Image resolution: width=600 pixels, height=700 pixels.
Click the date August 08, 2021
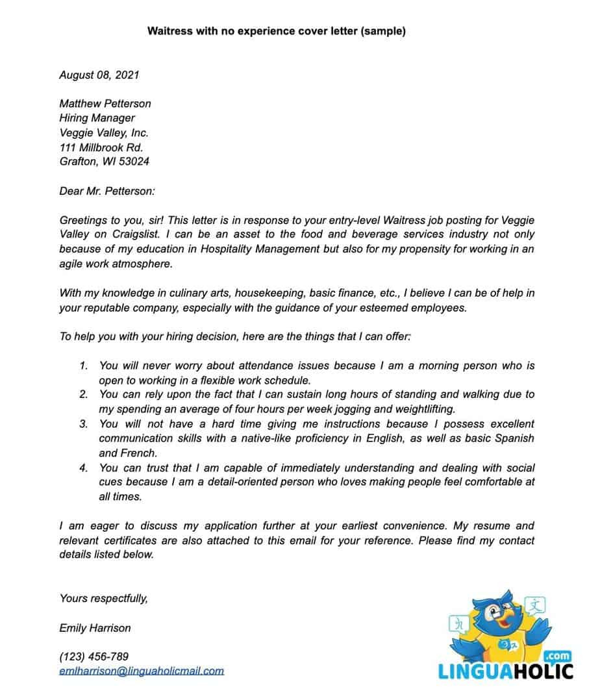99,75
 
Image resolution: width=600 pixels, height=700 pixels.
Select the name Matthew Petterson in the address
105,103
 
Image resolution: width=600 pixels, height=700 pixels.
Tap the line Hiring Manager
97,118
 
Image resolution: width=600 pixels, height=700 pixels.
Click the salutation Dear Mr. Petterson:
107,191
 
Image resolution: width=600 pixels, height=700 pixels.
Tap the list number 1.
83,366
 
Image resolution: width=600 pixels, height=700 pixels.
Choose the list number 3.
83,423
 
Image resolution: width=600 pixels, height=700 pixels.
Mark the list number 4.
83,468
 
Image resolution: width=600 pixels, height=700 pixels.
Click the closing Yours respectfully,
103,598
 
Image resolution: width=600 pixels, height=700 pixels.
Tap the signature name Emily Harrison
95,628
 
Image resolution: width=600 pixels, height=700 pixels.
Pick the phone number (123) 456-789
94,656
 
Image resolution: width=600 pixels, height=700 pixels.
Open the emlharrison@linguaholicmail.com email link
141,671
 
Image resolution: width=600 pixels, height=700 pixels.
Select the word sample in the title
382,31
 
